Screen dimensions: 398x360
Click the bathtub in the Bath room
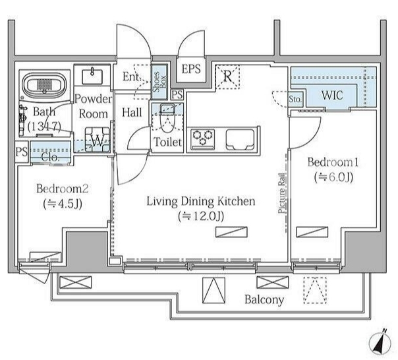click(44, 84)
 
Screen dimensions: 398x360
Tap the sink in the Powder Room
click(92, 75)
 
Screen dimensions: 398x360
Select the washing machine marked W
click(98, 140)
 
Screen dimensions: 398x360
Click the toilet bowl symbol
click(167, 117)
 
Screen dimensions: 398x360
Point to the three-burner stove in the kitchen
click(203, 139)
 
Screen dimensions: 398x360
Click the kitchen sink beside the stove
click(240, 140)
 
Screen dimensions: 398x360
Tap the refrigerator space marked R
click(227, 76)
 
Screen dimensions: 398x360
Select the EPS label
click(191, 69)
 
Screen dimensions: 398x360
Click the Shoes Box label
click(159, 82)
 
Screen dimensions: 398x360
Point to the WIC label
click(332, 95)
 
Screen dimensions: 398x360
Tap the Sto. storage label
click(295, 99)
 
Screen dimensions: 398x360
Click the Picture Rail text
click(281, 193)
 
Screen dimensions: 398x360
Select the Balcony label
click(264, 300)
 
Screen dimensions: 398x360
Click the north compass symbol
click(380, 344)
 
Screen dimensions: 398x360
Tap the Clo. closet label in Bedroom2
click(50, 158)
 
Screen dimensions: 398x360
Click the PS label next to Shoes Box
click(177, 95)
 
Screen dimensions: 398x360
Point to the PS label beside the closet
click(21, 152)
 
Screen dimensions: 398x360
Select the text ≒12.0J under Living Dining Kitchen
click(201, 216)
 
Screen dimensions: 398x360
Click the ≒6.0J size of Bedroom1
click(333, 177)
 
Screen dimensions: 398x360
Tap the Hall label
click(132, 112)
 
